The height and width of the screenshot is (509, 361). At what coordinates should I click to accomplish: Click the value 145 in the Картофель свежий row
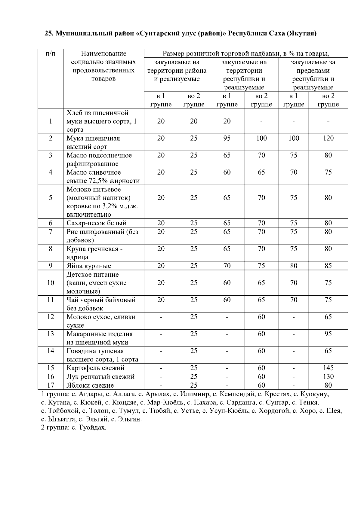[328, 368]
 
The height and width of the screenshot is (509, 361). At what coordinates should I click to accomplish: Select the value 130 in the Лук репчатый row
[328, 376]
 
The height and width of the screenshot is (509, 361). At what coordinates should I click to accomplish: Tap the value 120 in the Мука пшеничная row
[328, 138]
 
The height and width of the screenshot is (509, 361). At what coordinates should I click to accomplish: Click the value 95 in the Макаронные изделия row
[328, 334]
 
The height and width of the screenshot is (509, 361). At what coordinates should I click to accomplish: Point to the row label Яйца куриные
[89, 266]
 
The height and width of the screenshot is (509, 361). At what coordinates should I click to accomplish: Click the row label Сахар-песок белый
[96, 223]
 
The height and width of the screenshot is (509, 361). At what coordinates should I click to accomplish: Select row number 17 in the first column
[51, 385]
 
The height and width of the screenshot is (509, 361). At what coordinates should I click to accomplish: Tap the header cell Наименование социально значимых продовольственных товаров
[103, 66]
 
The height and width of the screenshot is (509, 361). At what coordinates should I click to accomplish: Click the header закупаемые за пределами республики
[313, 75]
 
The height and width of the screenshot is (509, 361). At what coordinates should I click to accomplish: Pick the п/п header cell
[51, 53]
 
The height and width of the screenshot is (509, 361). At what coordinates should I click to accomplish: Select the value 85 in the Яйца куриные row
[328, 266]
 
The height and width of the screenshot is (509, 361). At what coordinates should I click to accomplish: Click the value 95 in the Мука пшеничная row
[227, 138]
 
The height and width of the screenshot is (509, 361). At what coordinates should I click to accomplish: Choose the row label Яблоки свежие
[90, 385]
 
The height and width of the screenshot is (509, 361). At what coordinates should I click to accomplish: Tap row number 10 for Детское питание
[51, 283]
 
